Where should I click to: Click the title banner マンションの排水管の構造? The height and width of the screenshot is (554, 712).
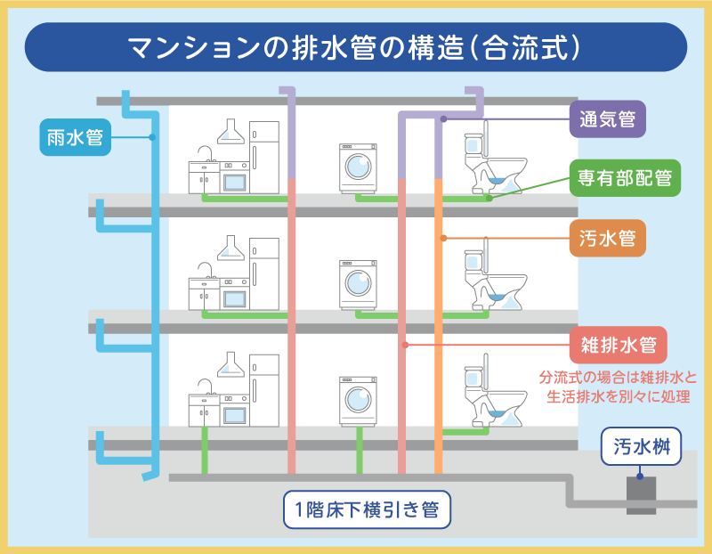tap(356, 47)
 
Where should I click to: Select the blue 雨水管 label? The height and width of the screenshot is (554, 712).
tap(75, 137)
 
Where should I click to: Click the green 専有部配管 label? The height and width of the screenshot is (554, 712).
tap(625, 178)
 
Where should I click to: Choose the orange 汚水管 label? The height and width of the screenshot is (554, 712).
tap(607, 238)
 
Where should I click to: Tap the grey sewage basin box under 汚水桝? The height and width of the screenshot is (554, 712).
tap(640, 494)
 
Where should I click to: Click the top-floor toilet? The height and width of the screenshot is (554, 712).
tap(491, 165)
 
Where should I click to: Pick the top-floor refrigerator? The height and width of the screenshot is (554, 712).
tap(264, 158)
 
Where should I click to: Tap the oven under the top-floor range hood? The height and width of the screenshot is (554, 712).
tap(234, 178)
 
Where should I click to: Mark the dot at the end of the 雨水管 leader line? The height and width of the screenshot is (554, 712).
tap(153, 137)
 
